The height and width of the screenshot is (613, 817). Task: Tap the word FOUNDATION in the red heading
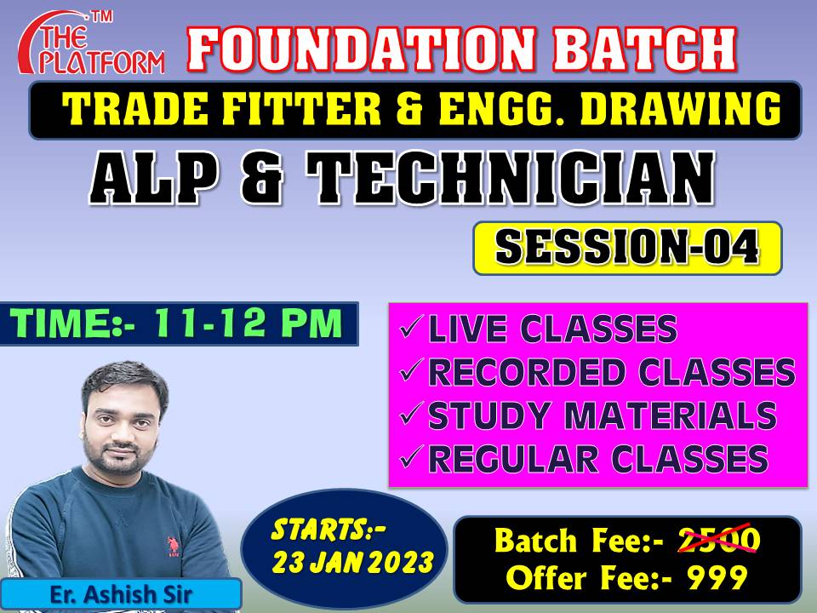pos(362,49)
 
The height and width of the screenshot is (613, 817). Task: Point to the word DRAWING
pos(681,109)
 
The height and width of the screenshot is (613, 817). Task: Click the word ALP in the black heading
pos(154,179)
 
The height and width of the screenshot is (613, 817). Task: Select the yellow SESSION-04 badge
pos(627,248)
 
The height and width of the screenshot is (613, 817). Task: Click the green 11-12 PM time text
pos(248,324)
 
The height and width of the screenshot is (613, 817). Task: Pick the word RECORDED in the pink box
pos(527,372)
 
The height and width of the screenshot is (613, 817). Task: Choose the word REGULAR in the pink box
pos(512,459)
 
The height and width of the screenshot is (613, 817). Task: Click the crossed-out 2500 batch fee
pos(718,540)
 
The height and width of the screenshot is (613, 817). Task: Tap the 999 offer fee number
pos(717,577)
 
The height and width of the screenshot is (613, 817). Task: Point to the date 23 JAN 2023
pos(352,563)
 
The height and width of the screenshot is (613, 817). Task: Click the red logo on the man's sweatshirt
pos(173,547)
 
